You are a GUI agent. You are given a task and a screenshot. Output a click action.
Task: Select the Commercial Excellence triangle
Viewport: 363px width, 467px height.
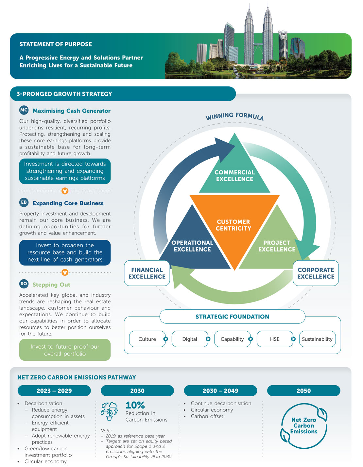click(234, 173)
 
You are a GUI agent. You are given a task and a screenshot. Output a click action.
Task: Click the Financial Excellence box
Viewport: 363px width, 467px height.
click(147, 273)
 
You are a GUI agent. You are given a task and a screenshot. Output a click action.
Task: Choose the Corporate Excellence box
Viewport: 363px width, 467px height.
click(316, 273)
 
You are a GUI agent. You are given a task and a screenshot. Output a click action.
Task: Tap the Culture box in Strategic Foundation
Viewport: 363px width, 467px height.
click(147, 339)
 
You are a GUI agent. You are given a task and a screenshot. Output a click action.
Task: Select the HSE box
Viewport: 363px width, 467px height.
click(275, 339)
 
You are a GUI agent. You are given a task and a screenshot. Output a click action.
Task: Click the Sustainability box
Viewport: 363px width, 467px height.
click(317, 339)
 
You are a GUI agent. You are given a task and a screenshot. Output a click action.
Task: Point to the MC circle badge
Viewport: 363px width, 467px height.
click(24, 110)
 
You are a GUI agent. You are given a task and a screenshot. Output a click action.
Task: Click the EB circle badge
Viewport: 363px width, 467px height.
click(24, 202)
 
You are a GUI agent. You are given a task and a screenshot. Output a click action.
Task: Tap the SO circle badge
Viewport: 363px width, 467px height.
click(24, 284)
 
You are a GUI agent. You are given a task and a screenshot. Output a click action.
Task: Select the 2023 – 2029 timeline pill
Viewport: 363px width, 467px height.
click(54, 391)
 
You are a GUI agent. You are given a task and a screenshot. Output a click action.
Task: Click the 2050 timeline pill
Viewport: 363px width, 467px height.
click(303, 391)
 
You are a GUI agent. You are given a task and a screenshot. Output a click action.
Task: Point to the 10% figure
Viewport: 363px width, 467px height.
click(135, 405)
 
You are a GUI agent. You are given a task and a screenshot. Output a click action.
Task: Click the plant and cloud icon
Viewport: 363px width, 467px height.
click(109, 411)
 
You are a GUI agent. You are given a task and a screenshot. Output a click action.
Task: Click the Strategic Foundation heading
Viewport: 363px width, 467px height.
click(232, 317)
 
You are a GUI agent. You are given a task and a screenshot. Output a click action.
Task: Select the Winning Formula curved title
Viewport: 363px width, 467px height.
click(234, 116)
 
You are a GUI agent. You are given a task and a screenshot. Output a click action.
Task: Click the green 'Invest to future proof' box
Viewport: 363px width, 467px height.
click(65, 350)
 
